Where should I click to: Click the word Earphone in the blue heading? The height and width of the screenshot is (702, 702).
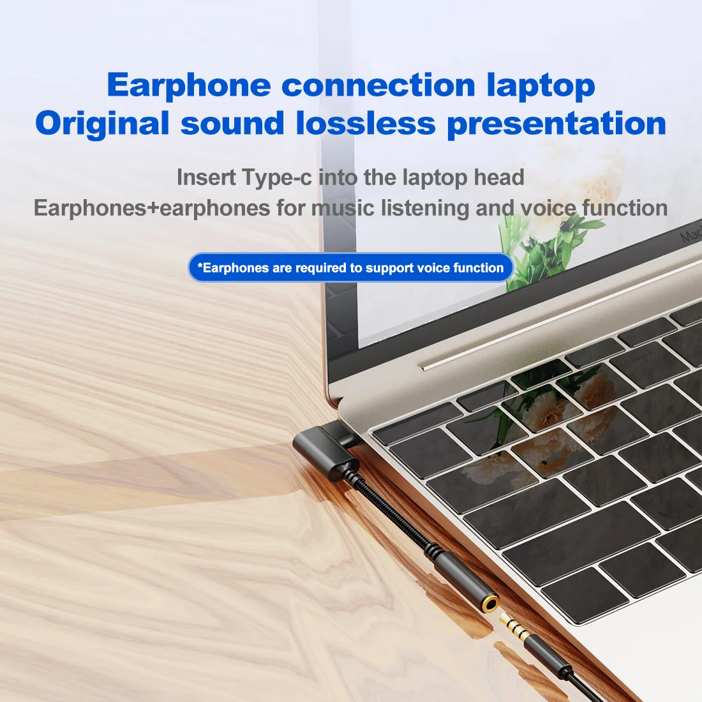189,85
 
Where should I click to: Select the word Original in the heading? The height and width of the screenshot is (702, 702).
102,123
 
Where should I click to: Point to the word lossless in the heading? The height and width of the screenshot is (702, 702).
366,123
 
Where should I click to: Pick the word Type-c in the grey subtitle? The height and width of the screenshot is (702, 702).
276,177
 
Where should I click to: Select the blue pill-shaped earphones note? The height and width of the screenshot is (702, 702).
350,268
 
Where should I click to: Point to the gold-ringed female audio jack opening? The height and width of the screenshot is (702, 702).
489,603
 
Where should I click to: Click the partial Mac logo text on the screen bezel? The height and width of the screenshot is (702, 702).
691,235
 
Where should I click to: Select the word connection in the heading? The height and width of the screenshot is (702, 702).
378,85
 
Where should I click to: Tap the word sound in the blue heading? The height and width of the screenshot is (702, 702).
232,123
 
